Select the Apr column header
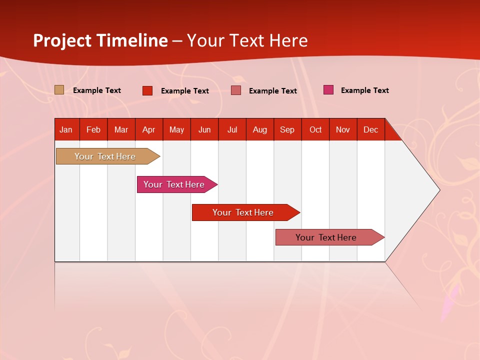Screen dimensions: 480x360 pyautogui.click(x=149, y=129)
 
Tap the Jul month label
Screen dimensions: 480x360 pyautogui.click(x=232, y=129)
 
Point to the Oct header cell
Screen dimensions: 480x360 pyautogui.click(x=315, y=129)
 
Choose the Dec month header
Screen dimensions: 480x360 pyautogui.click(x=371, y=129)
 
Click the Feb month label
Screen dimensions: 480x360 pyautogui.click(x=93, y=129)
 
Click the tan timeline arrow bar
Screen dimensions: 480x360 pyautogui.click(x=108, y=156)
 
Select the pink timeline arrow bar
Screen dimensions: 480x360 pyautogui.click(x=177, y=184)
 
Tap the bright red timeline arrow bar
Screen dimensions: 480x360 pyautogui.click(x=246, y=212)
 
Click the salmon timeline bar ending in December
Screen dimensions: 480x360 pyautogui.click(x=330, y=237)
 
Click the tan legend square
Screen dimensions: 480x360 pyautogui.click(x=59, y=89)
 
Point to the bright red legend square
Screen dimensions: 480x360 pyautogui.click(x=147, y=90)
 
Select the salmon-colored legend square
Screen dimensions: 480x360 pyautogui.click(x=235, y=90)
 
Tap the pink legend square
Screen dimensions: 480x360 pyautogui.click(x=328, y=89)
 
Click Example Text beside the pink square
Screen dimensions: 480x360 pyautogui.click(x=365, y=90)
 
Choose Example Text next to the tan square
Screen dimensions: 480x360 pyautogui.click(x=96, y=90)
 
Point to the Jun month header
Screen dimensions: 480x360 pyautogui.click(x=204, y=129)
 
